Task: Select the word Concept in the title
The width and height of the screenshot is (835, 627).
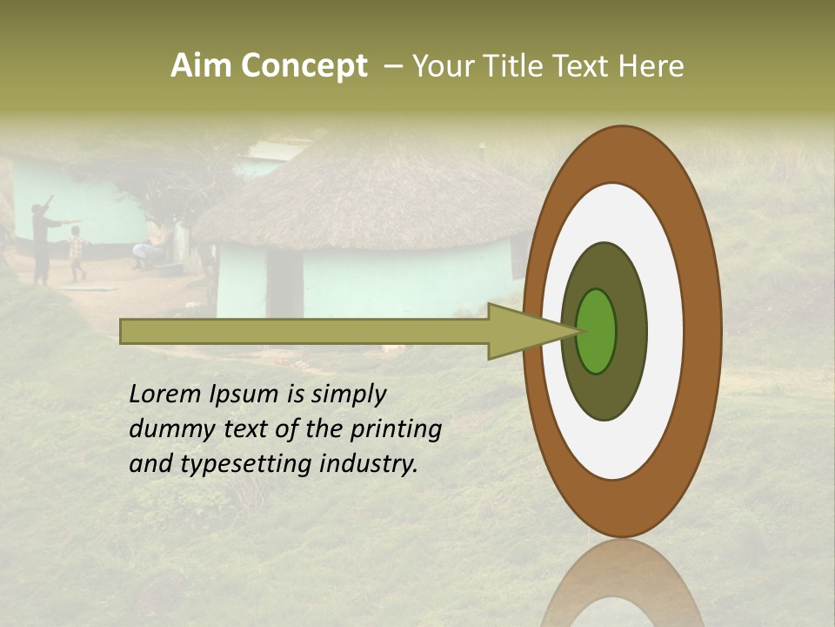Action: click(304, 66)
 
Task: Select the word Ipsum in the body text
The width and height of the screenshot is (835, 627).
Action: click(243, 395)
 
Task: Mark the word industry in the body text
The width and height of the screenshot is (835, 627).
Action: click(369, 464)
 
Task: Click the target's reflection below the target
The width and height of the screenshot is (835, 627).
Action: click(622, 588)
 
